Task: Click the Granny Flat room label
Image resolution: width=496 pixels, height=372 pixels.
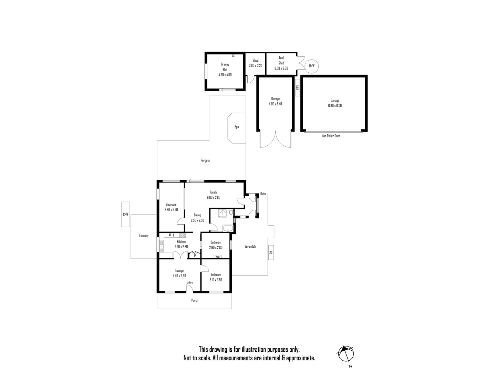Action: (x=225, y=67)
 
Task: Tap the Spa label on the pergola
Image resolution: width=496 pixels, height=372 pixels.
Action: (x=237, y=127)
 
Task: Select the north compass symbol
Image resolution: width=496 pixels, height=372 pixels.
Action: (x=346, y=354)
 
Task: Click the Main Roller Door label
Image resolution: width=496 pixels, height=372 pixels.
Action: (x=331, y=136)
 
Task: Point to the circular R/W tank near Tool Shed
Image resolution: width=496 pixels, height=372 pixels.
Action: (x=312, y=66)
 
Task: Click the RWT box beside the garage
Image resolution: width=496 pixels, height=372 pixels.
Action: (x=298, y=88)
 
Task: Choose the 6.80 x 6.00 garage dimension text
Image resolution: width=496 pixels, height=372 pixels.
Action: (x=335, y=106)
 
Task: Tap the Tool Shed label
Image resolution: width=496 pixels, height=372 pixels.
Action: (x=281, y=61)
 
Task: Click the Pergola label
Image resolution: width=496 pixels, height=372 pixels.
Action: (x=205, y=161)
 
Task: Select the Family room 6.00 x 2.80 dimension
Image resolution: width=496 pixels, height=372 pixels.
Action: (x=213, y=198)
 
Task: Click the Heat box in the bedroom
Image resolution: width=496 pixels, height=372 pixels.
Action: (x=217, y=257)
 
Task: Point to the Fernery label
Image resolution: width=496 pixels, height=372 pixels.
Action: (x=144, y=236)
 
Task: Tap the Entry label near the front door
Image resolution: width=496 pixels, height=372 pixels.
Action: (x=189, y=283)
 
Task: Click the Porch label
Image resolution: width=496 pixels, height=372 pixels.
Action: (x=195, y=300)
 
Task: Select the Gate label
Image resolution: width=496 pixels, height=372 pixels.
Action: (x=263, y=194)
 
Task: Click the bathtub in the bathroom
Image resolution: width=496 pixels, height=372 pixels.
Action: (x=228, y=228)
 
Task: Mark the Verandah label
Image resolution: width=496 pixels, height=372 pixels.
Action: (x=250, y=247)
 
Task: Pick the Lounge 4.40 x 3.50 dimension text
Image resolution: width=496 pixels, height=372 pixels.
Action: (x=179, y=276)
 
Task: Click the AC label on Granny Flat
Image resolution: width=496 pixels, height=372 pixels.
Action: (x=234, y=56)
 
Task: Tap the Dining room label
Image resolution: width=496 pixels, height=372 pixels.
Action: (x=197, y=215)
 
